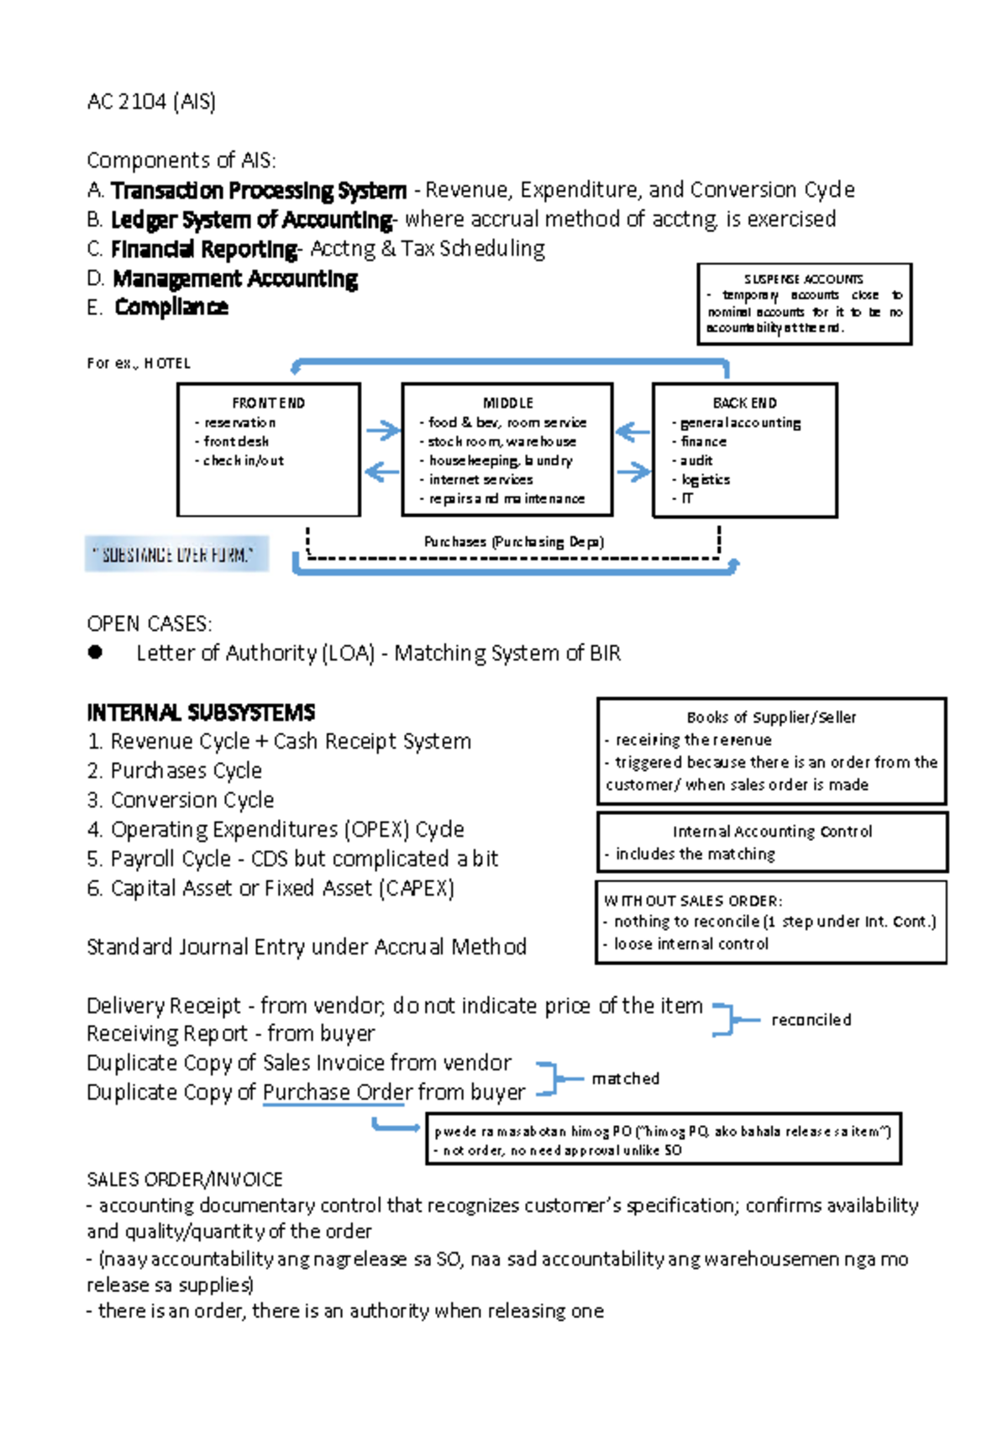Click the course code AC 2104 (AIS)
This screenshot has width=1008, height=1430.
(151, 102)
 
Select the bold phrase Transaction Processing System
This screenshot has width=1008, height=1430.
(259, 191)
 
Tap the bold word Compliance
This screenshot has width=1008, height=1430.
(171, 308)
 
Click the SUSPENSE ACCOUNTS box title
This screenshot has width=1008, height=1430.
(803, 279)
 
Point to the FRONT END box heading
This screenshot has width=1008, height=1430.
(268, 403)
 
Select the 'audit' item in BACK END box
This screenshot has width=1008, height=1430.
(696, 460)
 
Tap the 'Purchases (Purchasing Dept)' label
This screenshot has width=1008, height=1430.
(513, 542)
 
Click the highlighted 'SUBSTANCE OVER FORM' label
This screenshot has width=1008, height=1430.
(176, 555)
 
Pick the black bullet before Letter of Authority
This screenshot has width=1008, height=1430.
(95, 653)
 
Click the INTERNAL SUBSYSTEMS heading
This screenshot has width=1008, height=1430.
(201, 713)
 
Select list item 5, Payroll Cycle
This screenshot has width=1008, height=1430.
(292, 859)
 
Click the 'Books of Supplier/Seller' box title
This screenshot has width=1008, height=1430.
(771, 718)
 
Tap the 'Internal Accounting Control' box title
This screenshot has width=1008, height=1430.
(772, 832)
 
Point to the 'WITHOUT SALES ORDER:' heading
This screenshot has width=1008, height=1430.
(693, 901)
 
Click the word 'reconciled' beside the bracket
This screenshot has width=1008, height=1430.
(811, 1020)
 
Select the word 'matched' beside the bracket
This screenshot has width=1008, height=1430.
(625, 1079)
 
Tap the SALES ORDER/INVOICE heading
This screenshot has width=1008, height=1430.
(185, 1180)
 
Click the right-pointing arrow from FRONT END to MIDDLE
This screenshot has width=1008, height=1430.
(383, 430)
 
